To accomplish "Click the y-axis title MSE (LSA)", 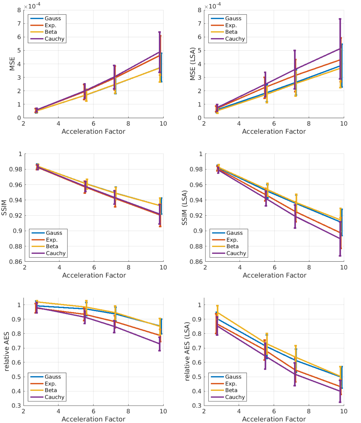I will (x=192, y=64).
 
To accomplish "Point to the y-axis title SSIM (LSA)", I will (x=184, y=208).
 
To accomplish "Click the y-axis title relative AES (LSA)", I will (x=187, y=351).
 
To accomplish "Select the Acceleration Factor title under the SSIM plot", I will (x=94, y=275).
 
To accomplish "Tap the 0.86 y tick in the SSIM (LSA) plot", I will (x=196, y=262).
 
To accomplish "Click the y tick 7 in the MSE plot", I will (x=19, y=24).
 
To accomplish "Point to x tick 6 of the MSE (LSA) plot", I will (x=274, y=124).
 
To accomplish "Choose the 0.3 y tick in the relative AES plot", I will (x=16, y=405).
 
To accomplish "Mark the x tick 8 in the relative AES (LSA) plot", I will (x=309, y=411).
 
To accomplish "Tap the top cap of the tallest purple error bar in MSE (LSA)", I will (x=340, y=19).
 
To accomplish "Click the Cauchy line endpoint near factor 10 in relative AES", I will (x=159, y=344).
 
